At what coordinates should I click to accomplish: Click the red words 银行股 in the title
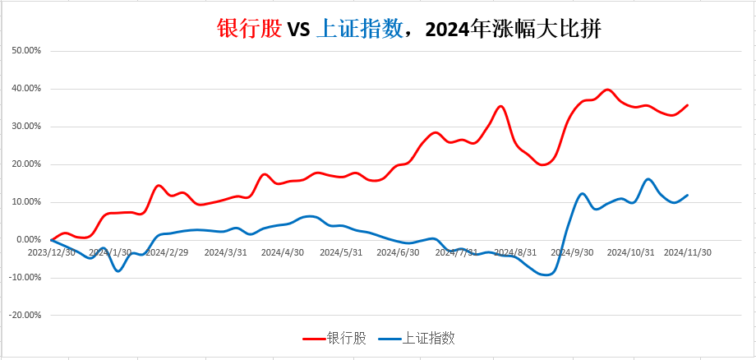tap(250, 30)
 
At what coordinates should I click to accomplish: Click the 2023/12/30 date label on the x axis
tap(52, 253)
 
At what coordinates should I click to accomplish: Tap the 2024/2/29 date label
tap(166, 253)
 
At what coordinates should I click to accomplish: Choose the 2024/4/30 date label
tap(283, 253)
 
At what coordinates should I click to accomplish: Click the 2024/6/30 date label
tap(398, 253)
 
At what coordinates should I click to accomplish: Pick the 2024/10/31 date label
tap(629, 253)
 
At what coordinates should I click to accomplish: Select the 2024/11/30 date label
tap(687, 253)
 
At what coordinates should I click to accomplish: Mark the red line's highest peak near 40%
tap(607, 90)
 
